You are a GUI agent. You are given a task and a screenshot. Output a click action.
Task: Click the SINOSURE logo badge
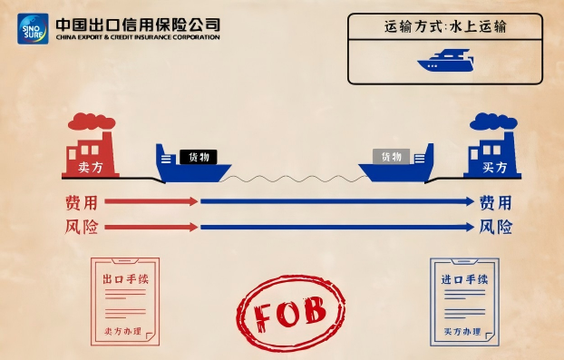pyautogui.click(x=33, y=29)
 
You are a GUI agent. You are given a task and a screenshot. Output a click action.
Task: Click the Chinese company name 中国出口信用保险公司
pyautogui.click(x=137, y=24)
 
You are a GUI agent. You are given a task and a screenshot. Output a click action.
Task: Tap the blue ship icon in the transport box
pyautogui.click(x=445, y=61)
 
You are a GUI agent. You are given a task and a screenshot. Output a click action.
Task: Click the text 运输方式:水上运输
pyautogui.click(x=445, y=26)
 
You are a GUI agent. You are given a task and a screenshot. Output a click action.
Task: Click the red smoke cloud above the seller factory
pyautogui.click(x=92, y=122)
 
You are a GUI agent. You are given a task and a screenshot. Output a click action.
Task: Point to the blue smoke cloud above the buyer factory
pyautogui.click(x=490, y=122)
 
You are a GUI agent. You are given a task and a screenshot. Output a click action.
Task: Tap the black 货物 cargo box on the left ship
pyautogui.click(x=197, y=156)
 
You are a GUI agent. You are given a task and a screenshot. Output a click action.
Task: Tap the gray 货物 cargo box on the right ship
pyautogui.click(x=392, y=156)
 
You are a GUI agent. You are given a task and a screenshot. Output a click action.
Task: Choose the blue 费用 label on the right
pyautogui.click(x=495, y=201)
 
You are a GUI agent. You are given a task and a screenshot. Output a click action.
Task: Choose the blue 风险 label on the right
pyautogui.click(x=495, y=227)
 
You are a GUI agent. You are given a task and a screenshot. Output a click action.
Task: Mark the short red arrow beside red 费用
pyautogui.click(x=151, y=201)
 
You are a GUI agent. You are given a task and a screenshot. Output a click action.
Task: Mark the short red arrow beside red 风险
pyautogui.click(x=151, y=227)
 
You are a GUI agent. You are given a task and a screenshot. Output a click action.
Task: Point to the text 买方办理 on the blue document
pyautogui.click(x=462, y=332)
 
